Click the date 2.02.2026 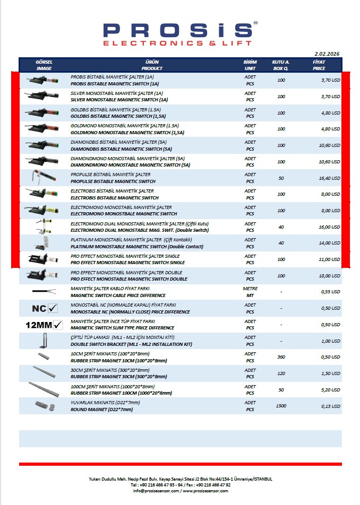327,54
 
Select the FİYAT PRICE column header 319,65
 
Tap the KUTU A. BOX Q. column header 281,65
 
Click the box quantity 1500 281,406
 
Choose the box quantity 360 281,357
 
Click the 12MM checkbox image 45,325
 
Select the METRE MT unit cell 250,292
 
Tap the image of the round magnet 45,405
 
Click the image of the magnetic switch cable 45,291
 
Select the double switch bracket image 45,341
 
